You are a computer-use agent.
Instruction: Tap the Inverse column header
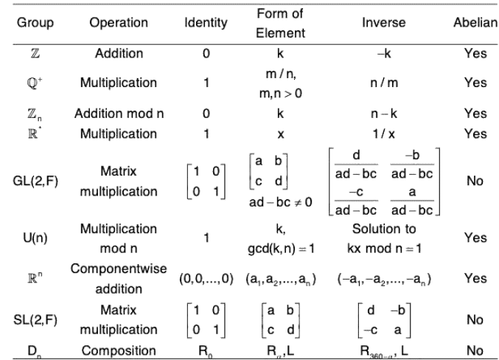[x=383, y=23]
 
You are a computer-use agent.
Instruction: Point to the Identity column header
[x=206, y=23]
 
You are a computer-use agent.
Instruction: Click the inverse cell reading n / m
[x=383, y=83]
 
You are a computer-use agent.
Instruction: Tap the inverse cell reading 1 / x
[x=383, y=134]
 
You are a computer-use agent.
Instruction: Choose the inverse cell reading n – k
[x=383, y=114]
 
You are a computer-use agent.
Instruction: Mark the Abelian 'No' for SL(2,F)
[x=475, y=319]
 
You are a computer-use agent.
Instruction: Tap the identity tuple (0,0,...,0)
[x=206, y=279]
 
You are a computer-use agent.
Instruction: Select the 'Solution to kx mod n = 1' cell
[x=383, y=238]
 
